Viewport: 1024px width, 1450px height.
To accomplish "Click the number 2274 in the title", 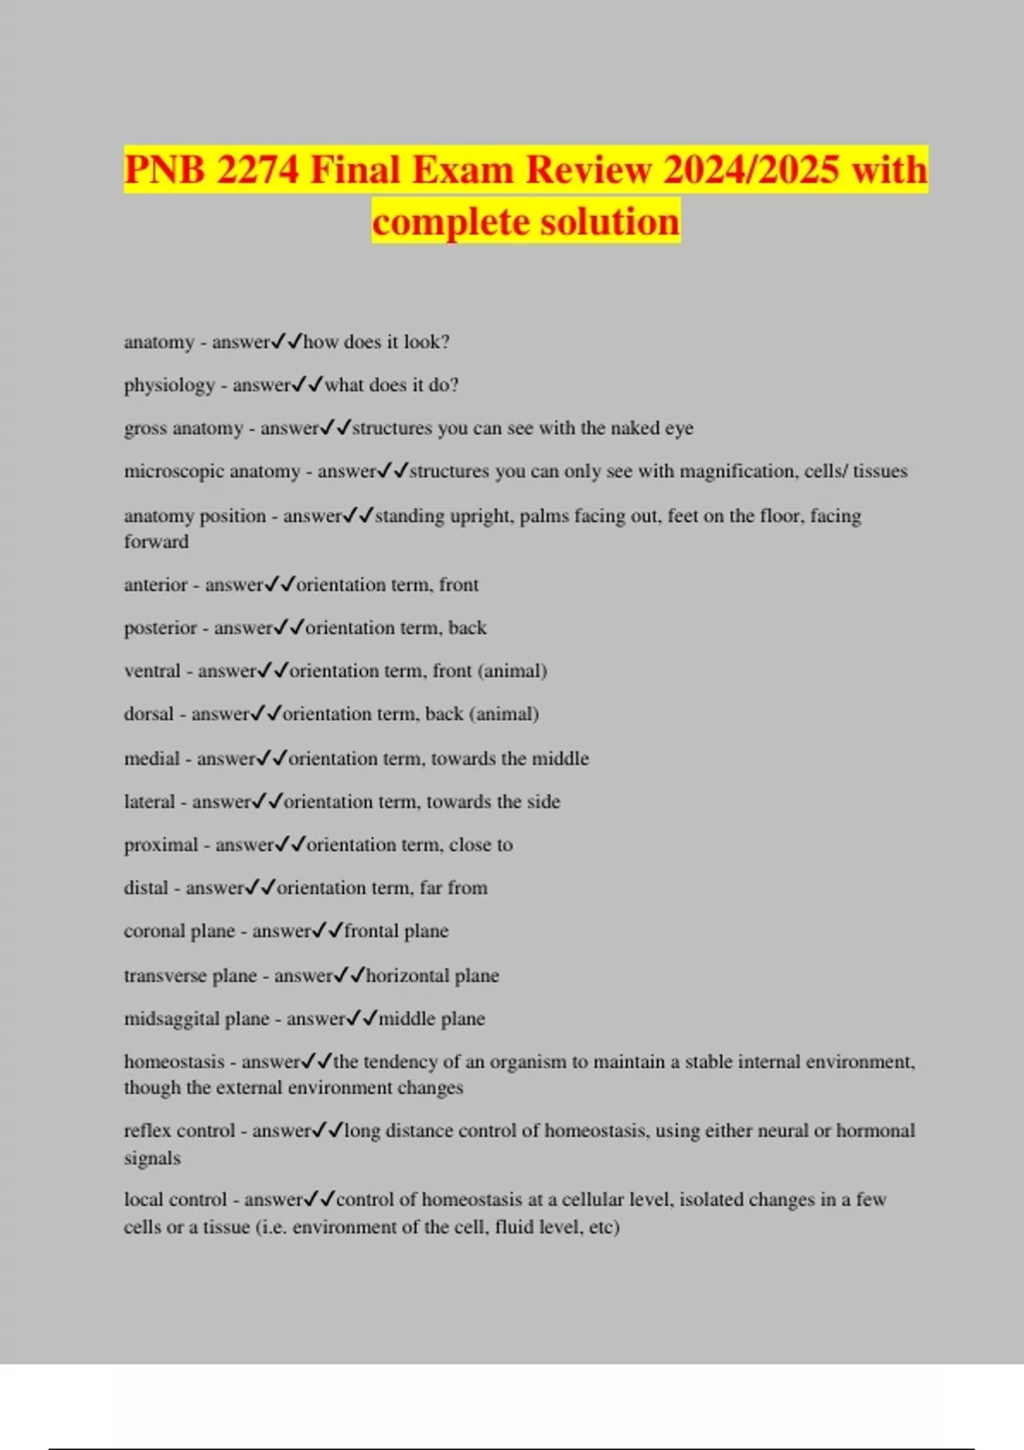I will pyautogui.click(x=257, y=169).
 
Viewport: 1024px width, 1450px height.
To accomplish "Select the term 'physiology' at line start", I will pyautogui.click(x=169, y=386).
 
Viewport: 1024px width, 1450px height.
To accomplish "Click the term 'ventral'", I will pyautogui.click(x=152, y=671).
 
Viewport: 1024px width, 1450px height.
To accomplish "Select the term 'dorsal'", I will pyautogui.click(x=148, y=714).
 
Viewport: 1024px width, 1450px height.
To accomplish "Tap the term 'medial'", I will pyautogui.click(x=151, y=758).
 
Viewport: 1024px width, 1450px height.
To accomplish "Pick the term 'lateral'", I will pyautogui.click(x=149, y=802).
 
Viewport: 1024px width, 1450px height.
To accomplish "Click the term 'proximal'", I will pyautogui.click(x=160, y=845).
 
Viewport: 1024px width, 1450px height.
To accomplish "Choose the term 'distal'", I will pyautogui.click(x=146, y=888).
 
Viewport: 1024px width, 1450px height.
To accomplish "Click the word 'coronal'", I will pyautogui.click(x=154, y=931).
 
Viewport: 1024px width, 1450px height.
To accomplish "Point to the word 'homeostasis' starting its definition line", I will pyautogui.click(x=174, y=1062).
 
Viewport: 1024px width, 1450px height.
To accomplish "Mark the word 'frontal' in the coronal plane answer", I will pyautogui.click(x=369, y=931).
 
